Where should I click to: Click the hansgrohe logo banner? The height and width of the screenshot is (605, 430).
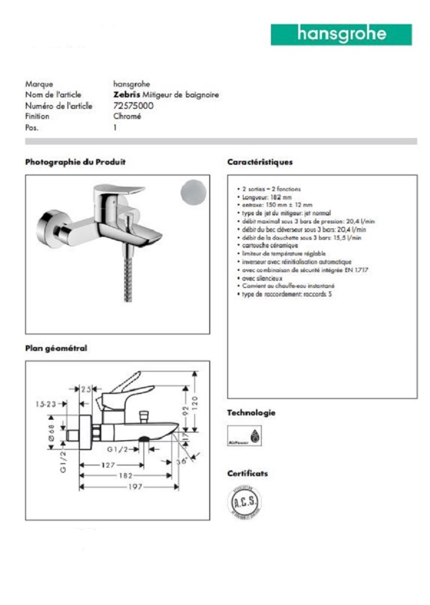[x=341, y=34]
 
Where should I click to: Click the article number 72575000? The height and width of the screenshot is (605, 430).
[x=133, y=106]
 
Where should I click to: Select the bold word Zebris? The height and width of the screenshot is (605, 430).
[x=127, y=95]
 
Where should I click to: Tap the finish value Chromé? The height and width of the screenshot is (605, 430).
[x=127, y=117]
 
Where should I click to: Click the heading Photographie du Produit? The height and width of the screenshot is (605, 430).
[x=75, y=162]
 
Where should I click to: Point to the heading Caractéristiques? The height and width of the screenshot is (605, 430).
[x=260, y=162]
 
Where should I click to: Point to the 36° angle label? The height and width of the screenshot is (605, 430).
[x=181, y=461]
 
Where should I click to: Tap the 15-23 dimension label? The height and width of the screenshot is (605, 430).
[x=46, y=404]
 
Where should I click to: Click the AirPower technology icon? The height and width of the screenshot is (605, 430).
[x=244, y=435]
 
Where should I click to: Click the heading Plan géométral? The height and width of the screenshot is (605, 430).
[x=56, y=349]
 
